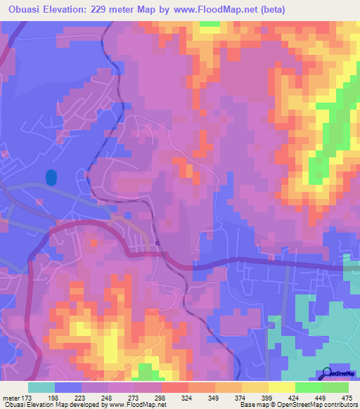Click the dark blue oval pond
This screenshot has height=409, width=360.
pos(51,178)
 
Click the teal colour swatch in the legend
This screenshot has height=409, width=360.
pos(41,387)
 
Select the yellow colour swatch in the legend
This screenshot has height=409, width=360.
pos(281,387)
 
